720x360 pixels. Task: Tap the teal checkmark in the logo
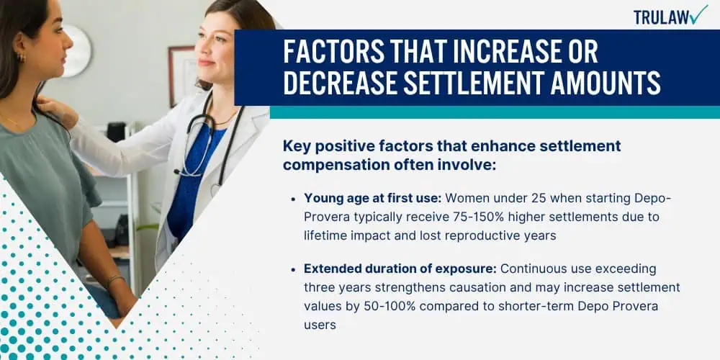(x=699, y=14)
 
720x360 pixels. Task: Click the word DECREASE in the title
(x=339, y=84)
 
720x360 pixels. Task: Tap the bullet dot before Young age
(x=294, y=199)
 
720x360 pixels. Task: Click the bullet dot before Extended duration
(x=294, y=269)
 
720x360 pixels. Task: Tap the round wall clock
(x=78, y=50)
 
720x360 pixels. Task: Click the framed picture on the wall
(x=182, y=76)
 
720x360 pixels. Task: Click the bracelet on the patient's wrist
(x=115, y=279)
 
